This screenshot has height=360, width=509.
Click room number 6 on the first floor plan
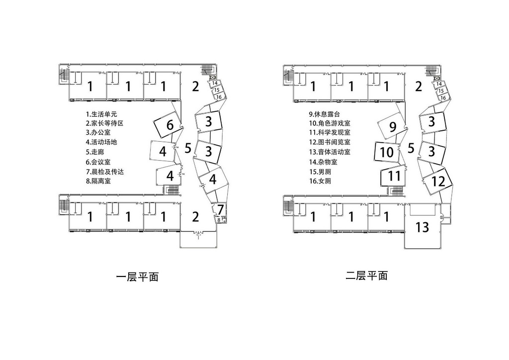click(x=170, y=125)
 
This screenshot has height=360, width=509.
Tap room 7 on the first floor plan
click(x=220, y=209)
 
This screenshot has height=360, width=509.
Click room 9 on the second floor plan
click(x=392, y=127)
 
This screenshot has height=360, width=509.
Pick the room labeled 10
click(x=387, y=152)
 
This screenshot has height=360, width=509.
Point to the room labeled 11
click(x=394, y=176)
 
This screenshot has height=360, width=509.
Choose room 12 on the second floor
click(x=438, y=181)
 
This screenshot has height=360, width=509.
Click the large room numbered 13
click(x=422, y=228)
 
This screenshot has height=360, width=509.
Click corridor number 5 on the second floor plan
click(x=411, y=148)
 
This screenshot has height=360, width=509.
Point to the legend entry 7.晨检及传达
click(x=104, y=172)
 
